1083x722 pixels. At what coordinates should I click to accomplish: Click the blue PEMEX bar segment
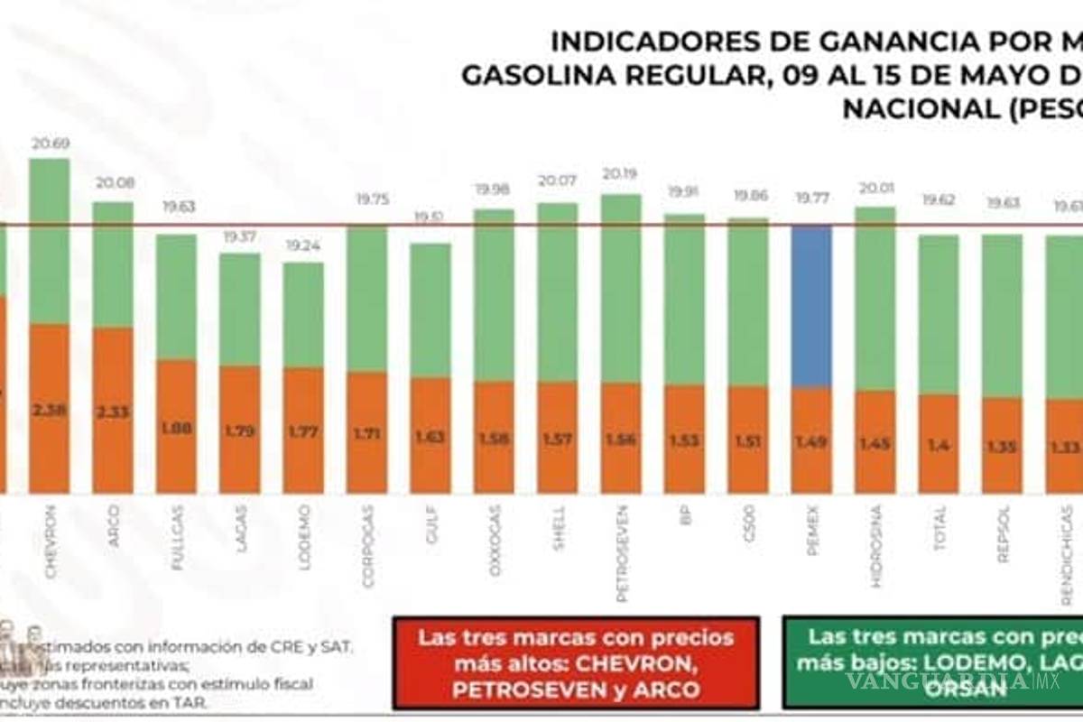(x=811, y=307)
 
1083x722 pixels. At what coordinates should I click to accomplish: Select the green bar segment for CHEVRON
(x=50, y=241)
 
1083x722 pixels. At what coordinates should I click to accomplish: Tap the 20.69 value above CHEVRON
(x=50, y=143)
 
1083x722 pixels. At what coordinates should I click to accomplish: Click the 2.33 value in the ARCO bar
(x=113, y=411)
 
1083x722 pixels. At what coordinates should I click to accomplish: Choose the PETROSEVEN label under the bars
(x=622, y=551)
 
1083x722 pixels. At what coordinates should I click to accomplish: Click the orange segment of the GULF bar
(x=430, y=435)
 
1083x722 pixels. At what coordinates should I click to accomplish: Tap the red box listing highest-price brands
(x=576, y=663)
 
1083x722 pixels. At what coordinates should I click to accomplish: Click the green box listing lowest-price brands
(x=932, y=663)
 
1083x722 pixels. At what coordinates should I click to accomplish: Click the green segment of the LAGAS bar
(x=240, y=310)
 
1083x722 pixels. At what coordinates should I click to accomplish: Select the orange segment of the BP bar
(x=684, y=439)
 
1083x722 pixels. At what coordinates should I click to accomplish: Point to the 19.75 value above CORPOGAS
(x=367, y=199)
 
